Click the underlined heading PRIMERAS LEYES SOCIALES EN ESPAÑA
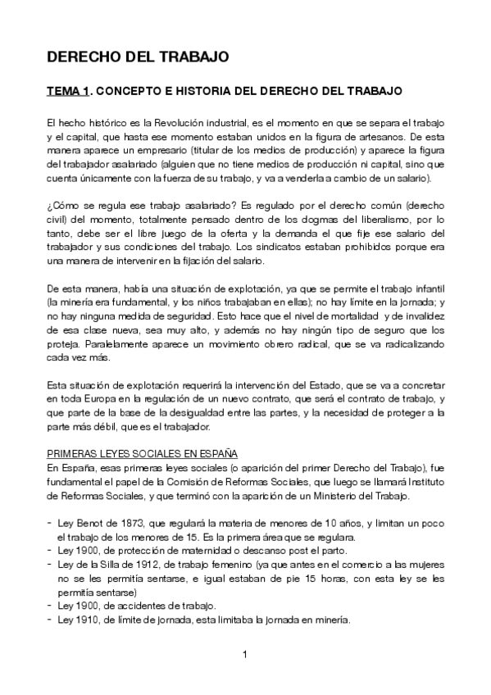click(x=142, y=453)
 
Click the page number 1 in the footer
click(x=244, y=654)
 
